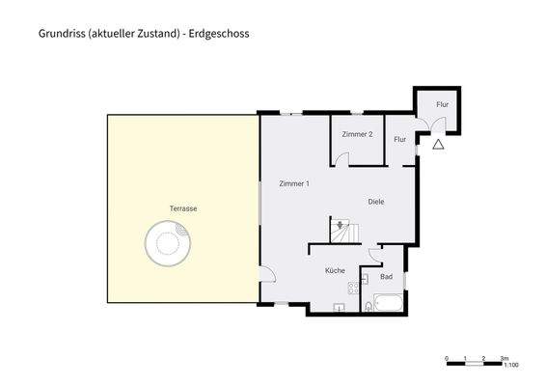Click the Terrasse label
[x=183, y=208]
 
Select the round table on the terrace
[x=166, y=243]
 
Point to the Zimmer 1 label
[x=293, y=183]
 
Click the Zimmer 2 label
[x=357, y=134]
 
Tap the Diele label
[x=376, y=202]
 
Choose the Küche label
[x=335, y=271]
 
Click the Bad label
[x=387, y=277]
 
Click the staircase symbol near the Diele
[x=342, y=231]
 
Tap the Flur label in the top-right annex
[x=442, y=104]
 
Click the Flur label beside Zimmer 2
[x=399, y=139]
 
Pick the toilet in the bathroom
[x=368, y=306]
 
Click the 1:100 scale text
[x=513, y=366]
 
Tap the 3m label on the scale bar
[x=503, y=357]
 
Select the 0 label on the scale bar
[x=447, y=357]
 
